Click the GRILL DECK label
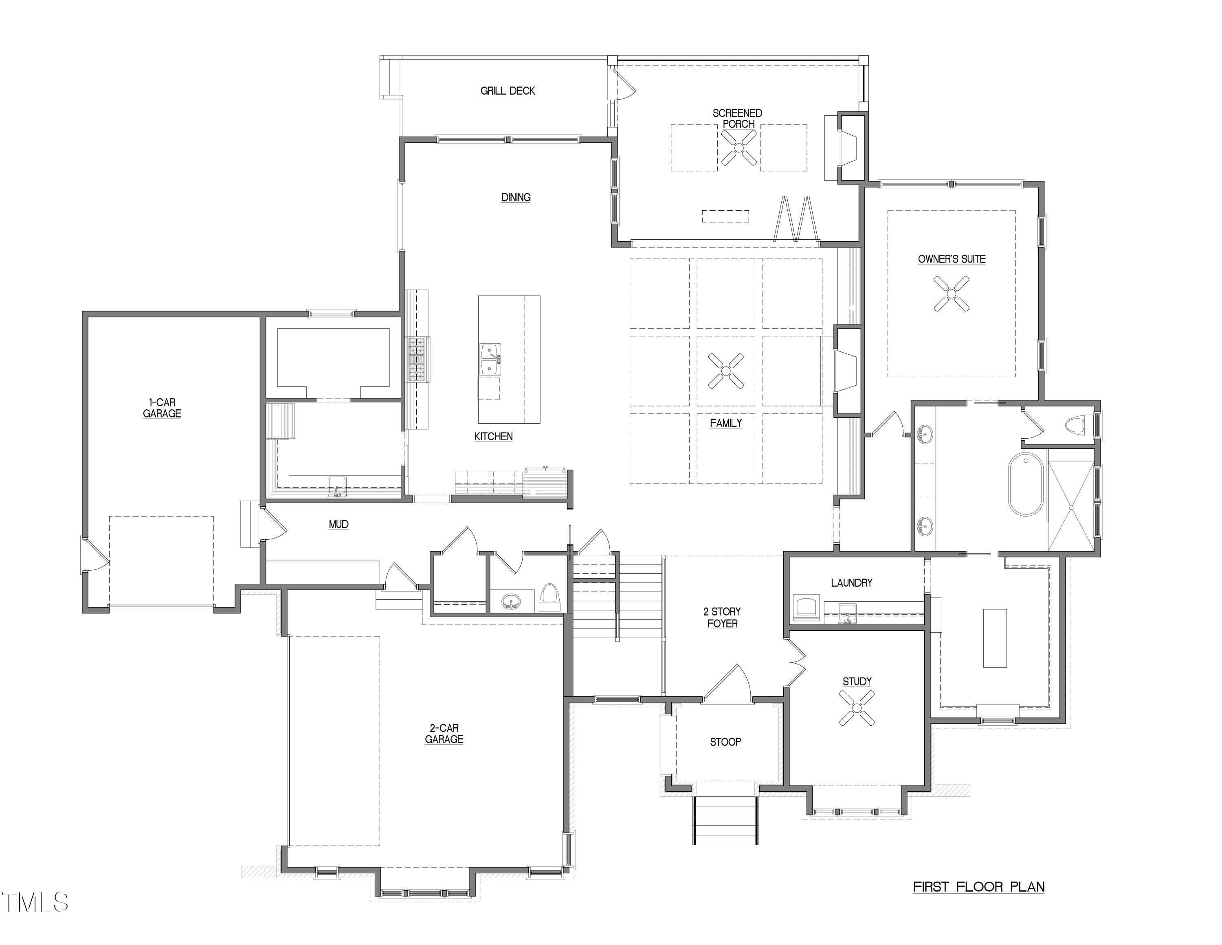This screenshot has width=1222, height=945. pyautogui.click(x=508, y=91)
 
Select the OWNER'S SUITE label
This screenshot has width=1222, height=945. pyautogui.click(x=952, y=259)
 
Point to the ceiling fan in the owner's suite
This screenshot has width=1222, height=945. pyautogui.click(x=952, y=294)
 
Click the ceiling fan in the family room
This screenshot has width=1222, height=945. pyautogui.click(x=726, y=371)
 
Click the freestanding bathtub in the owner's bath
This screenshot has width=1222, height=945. pyautogui.click(x=1026, y=485)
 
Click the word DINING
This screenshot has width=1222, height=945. pyautogui.click(x=516, y=197)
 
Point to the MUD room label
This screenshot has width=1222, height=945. pyautogui.click(x=338, y=524)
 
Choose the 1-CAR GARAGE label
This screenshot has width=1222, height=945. pyautogui.click(x=162, y=408)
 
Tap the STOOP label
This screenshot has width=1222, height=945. pyautogui.click(x=726, y=742)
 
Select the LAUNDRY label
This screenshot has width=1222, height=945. pyautogui.click(x=852, y=583)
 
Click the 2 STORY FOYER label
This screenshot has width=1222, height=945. pyautogui.click(x=722, y=618)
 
